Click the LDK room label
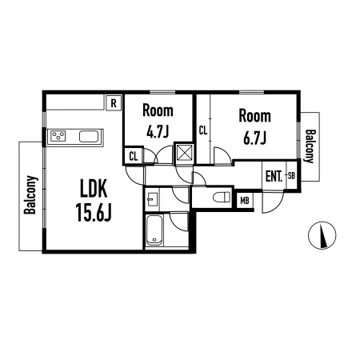click(x=94, y=188)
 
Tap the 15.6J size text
click(x=94, y=212)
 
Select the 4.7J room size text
click(x=158, y=131)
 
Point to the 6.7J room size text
click(x=255, y=138)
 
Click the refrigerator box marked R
click(x=114, y=102)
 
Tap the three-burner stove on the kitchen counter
click(x=58, y=136)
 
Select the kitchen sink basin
click(x=90, y=136)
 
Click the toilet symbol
click(x=222, y=197)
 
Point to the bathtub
click(x=154, y=230)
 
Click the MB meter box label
click(x=245, y=201)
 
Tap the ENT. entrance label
click(x=274, y=177)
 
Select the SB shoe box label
click(x=292, y=176)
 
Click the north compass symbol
click(x=322, y=235)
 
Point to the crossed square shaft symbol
click(x=183, y=154)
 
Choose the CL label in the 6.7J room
click(x=203, y=130)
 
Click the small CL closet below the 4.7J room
click(x=134, y=156)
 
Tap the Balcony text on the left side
click(x=30, y=194)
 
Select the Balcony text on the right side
click(x=310, y=146)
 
